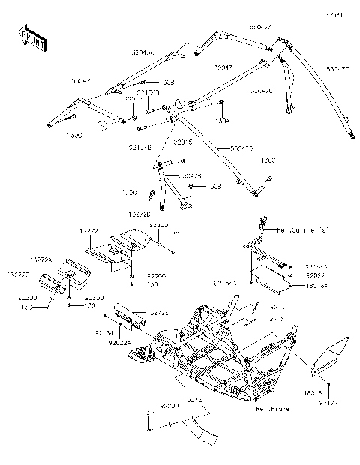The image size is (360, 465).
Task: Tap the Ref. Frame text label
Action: click(272, 410)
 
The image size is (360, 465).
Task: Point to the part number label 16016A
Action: click(316, 286)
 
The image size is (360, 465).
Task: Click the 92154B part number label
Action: click(139, 148)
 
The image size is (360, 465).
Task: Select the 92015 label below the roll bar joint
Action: click(184, 141)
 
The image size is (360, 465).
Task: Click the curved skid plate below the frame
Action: click(191, 427)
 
